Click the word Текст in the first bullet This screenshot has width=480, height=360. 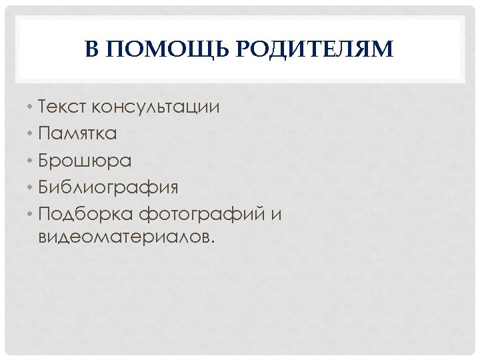62,107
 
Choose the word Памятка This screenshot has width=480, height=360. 77,133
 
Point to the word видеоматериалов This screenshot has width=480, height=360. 125,237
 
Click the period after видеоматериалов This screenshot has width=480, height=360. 213,243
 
